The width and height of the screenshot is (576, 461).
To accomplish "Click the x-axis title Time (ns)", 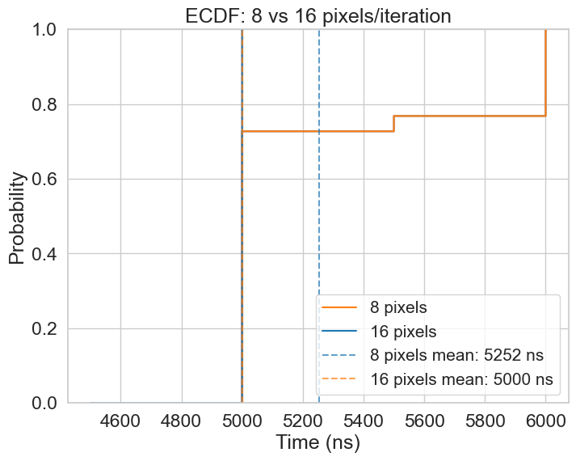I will point(317,443).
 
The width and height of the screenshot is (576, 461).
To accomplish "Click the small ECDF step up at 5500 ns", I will point(394,123).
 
